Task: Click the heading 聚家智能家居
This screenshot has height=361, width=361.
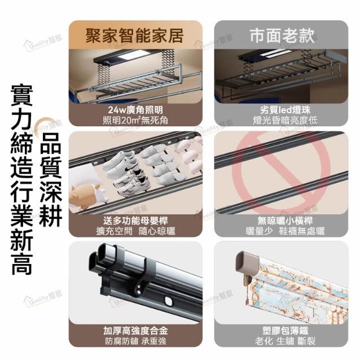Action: [135, 36]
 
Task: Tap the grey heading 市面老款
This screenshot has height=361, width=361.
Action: [282, 36]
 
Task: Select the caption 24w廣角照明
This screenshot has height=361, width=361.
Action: [135, 110]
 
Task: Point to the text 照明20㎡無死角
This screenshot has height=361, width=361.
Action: [135, 120]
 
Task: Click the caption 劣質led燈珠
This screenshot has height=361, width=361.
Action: [285, 110]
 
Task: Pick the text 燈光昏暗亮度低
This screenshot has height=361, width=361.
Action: [285, 120]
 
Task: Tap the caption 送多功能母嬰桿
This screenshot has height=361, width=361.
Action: [135, 221]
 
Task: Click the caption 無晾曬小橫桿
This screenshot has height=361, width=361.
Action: [285, 221]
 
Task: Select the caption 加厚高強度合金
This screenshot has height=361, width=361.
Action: [135, 331]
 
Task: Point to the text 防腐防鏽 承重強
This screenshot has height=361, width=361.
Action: [135, 341]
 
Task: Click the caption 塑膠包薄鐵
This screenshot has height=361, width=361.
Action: [285, 331]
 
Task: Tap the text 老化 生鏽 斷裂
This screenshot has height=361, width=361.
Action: [285, 341]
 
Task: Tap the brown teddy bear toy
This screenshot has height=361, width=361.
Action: [84, 195]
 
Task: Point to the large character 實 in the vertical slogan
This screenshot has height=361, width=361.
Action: [22, 95]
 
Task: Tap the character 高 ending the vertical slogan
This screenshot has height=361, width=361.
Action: [22, 265]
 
